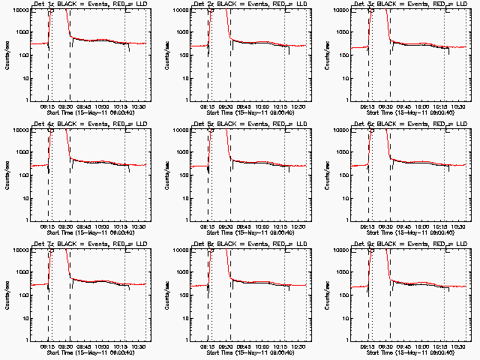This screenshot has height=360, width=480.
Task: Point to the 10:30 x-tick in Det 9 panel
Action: coord(457,346)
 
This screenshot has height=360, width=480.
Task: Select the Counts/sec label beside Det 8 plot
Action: coord(166,295)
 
